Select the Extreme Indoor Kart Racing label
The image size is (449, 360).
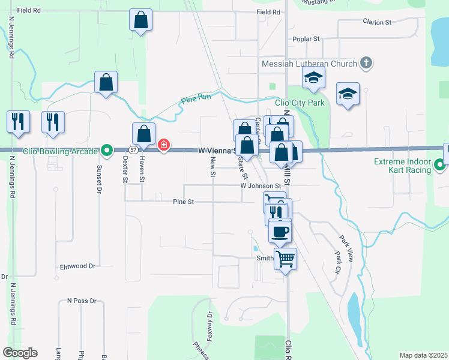pyautogui.click(x=403, y=166)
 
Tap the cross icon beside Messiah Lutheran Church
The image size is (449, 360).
pyautogui.click(x=366, y=63)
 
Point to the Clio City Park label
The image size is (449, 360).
pyautogui.click(x=300, y=103)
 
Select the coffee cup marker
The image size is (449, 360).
pyautogui.click(x=279, y=231)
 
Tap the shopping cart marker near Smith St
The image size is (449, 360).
pyautogui.click(x=286, y=259)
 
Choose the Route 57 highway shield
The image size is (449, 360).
pyautogui.click(x=134, y=149)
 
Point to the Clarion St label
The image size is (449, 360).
pyautogui.click(x=376, y=22)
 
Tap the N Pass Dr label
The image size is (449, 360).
pyautogui.click(x=82, y=301)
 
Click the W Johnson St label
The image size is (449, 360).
pyautogui.click(x=261, y=186)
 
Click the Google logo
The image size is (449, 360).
pyautogui.click(x=20, y=353)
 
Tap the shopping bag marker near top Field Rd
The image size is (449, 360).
pyautogui.click(x=140, y=20)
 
